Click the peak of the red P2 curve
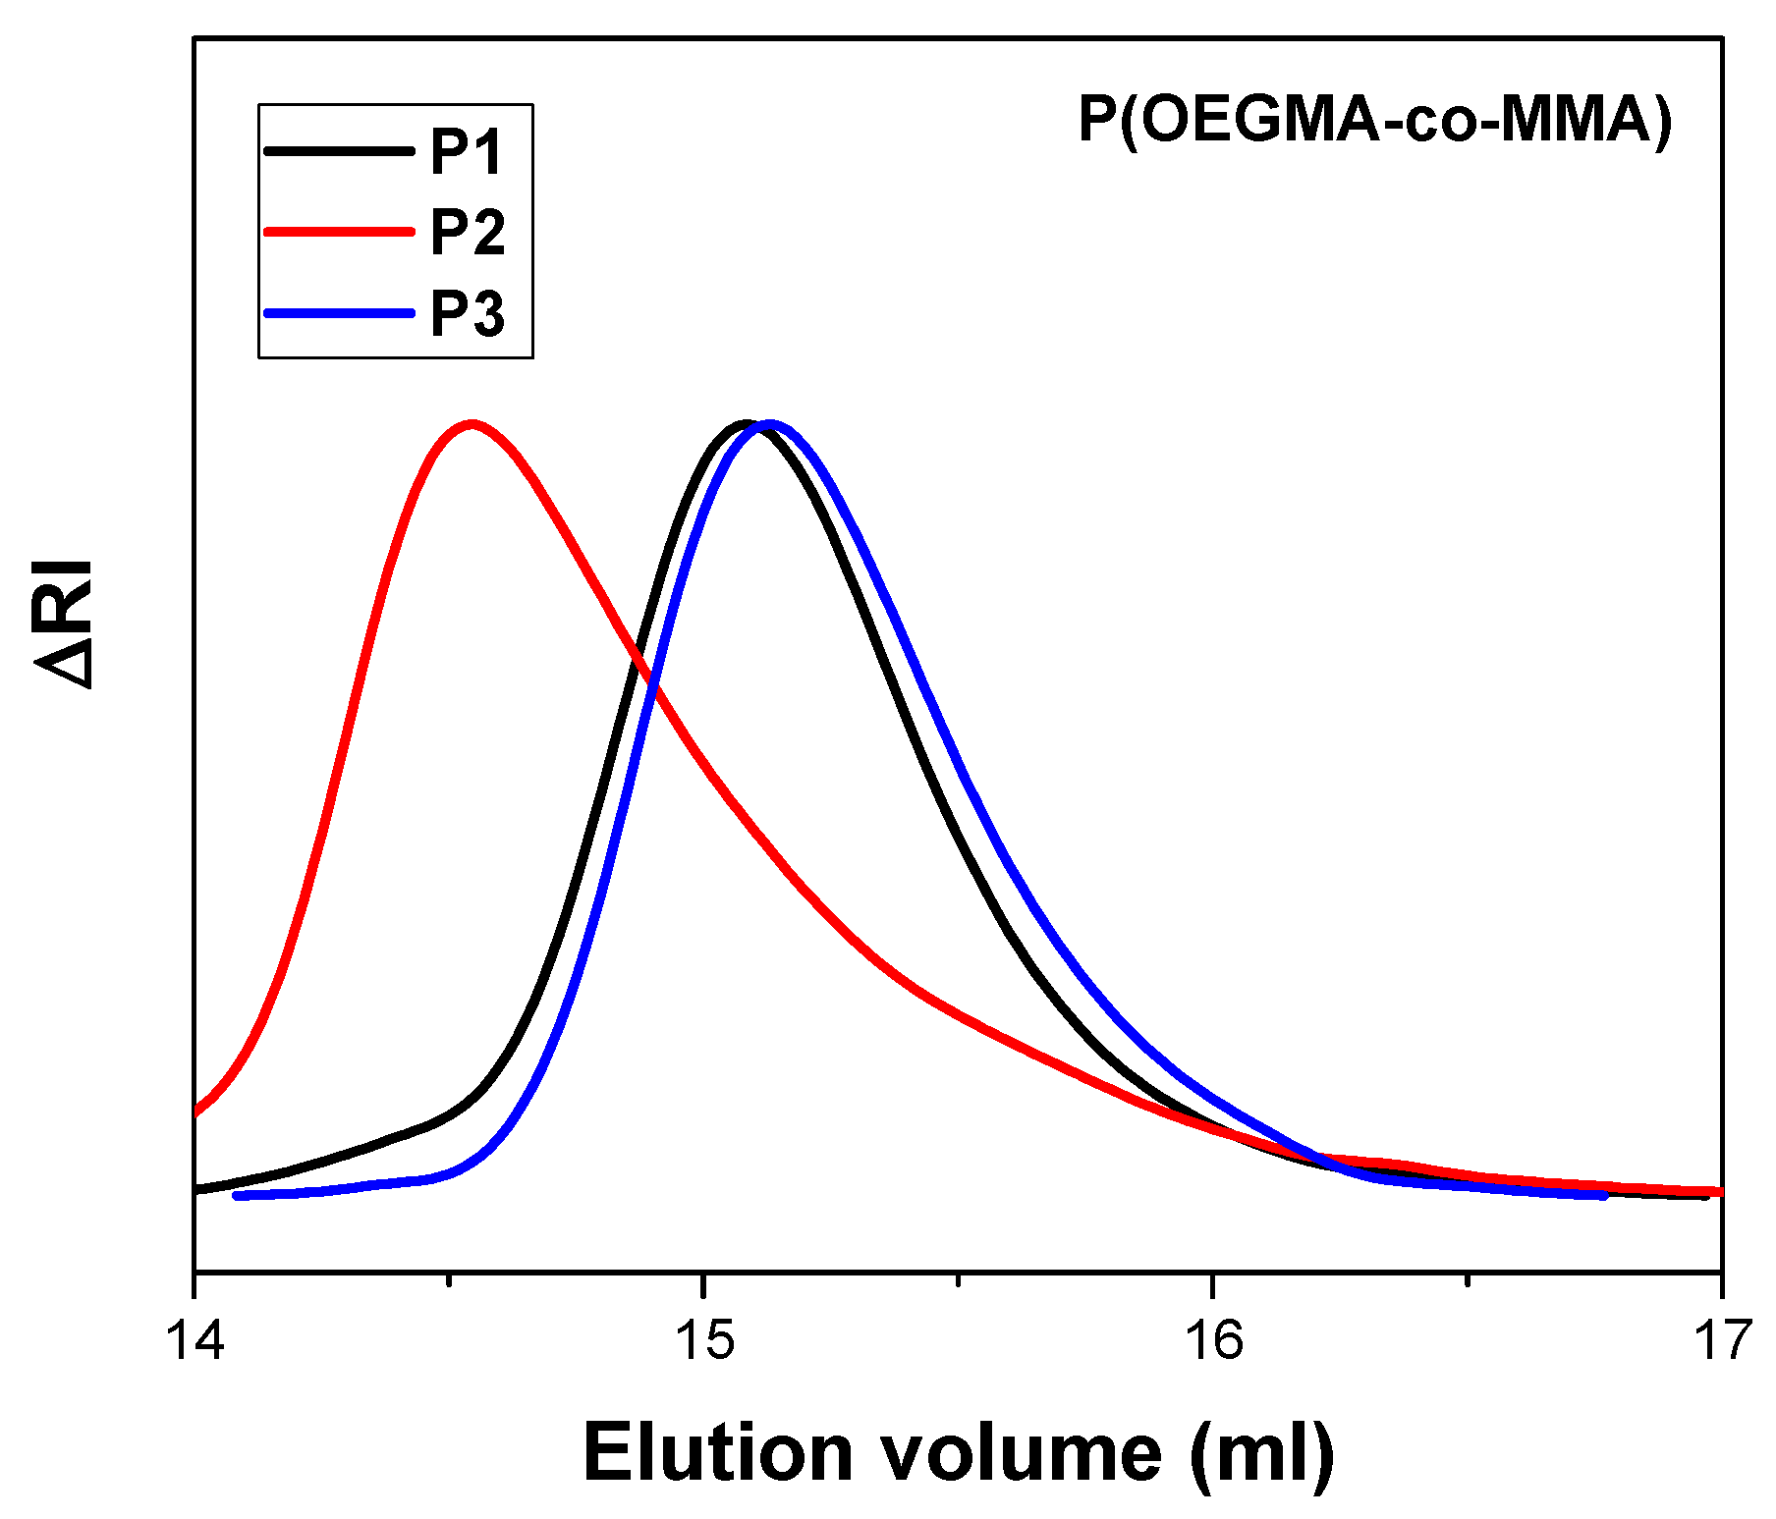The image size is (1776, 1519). pos(472,425)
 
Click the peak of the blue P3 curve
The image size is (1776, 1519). pos(769,425)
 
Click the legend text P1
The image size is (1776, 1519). pos(467,151)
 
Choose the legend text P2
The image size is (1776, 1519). pos(468,233)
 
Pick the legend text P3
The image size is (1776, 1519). pos(468,314)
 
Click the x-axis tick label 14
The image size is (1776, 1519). pos(195,1339)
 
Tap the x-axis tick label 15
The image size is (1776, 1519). pos(704,1339)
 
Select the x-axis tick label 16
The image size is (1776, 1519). pos(1213,1339)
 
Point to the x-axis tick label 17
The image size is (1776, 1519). pos(1722,1339)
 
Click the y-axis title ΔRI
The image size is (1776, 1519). pos(65,624)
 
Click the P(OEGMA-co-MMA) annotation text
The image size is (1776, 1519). pos(1375,121)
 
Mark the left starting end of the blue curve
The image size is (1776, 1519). pos(237,1195)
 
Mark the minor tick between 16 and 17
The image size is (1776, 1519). pos(1468,1279)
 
